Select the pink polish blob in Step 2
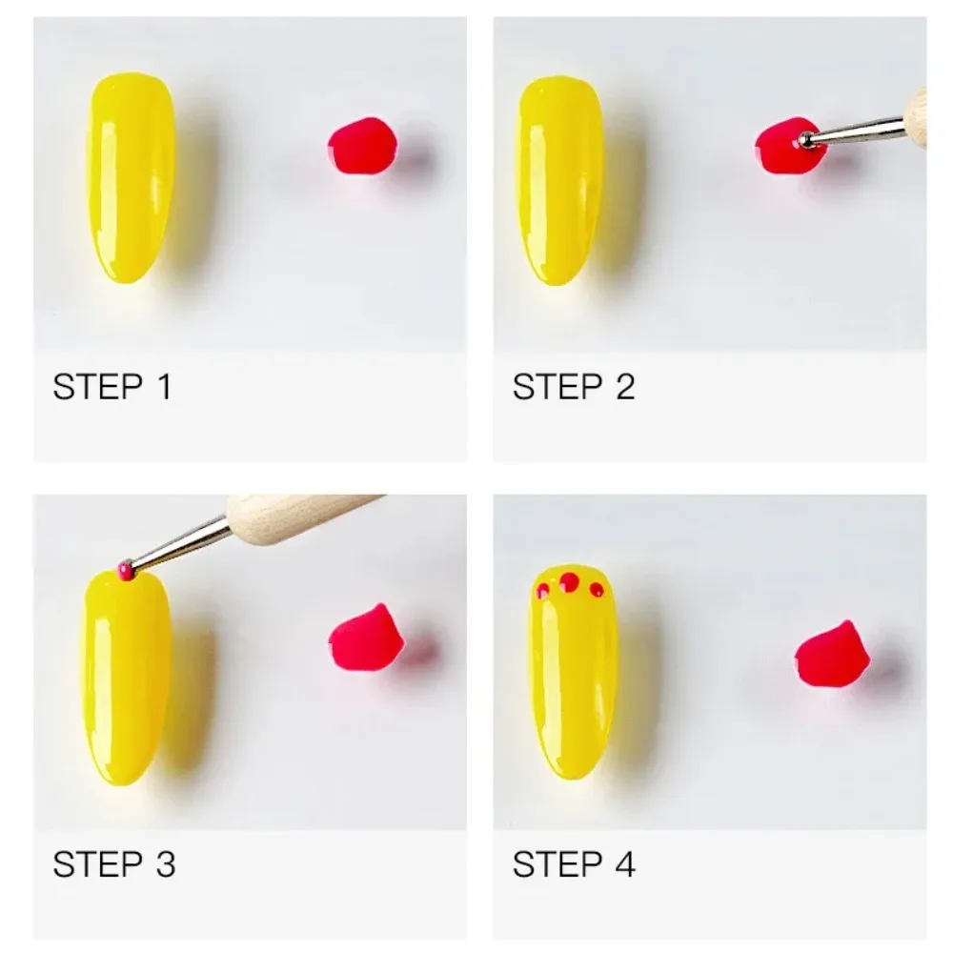pyautogui.click(x=781, y=148)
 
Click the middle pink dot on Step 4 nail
pyautogui.click(x=569, y=581)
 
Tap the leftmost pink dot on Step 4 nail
pyautogui.click(x=541, y=591)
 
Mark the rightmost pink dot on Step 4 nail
pyautogui.click(x=597, y=589)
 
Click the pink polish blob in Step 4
pyautogui.click(x=829, y=655)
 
